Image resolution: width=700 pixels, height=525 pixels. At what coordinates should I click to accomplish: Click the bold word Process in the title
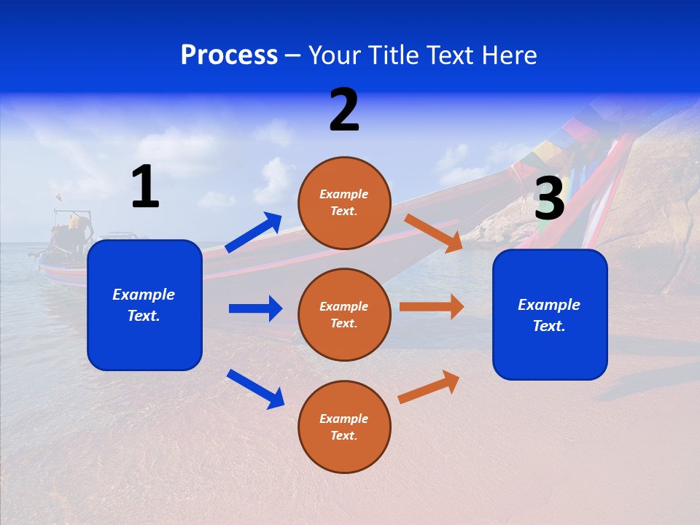[x=229, y=55]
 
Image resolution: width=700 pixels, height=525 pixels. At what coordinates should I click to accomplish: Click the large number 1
[x=145, y=187]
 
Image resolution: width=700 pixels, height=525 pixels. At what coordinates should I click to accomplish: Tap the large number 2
[x=344, y=109]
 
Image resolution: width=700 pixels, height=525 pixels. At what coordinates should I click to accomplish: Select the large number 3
[x=549, y=198]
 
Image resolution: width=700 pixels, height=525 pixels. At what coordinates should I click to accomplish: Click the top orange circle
[x=344, y=203]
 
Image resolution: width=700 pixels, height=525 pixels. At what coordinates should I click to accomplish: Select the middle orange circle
[x=344, y=315]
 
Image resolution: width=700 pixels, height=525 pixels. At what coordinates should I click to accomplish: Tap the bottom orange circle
[x=344, y=427]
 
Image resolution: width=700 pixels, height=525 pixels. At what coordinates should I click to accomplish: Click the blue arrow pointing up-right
[x=253, y=233]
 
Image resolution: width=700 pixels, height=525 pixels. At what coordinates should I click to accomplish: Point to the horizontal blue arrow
[x=255, y=308]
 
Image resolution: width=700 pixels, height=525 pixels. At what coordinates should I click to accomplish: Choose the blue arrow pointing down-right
[x=255, y=388]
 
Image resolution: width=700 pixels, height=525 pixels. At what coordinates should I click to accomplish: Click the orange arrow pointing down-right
[x=433, y=233]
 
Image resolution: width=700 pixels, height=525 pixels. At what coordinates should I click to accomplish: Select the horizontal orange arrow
[x=432, y=307]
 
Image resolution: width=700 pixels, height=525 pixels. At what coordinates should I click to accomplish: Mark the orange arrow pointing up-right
[x=429, y=386]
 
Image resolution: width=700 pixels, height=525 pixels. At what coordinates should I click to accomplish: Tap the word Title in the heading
[x=393, y=55]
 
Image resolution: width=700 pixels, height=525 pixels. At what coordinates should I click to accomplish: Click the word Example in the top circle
[x=344, y=195]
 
